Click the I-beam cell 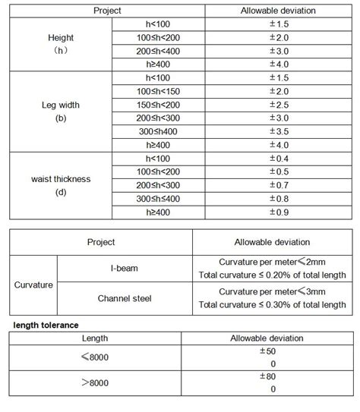[124, 268]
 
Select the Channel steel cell [124, 299]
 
